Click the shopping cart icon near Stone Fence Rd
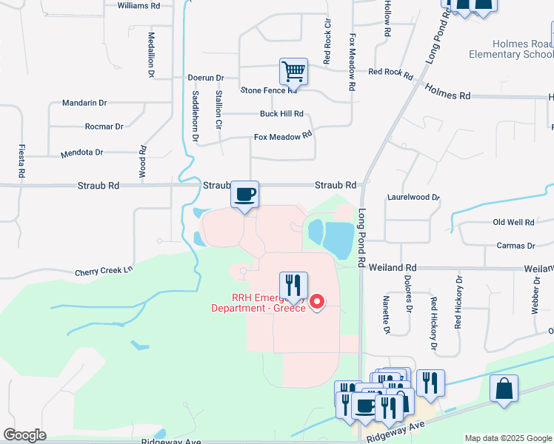293,72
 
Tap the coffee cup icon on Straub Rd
245,195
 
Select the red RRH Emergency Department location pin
317,301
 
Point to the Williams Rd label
138,5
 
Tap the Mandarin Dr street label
84,103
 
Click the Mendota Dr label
82,152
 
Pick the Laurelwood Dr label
414,198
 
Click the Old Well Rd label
514,222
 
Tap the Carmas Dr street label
516,246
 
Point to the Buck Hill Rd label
281,114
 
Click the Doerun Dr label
206,77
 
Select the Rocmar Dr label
103,127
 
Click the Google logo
25,435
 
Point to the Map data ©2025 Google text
507,438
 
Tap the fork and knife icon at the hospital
293,284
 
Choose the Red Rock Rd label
390,72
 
